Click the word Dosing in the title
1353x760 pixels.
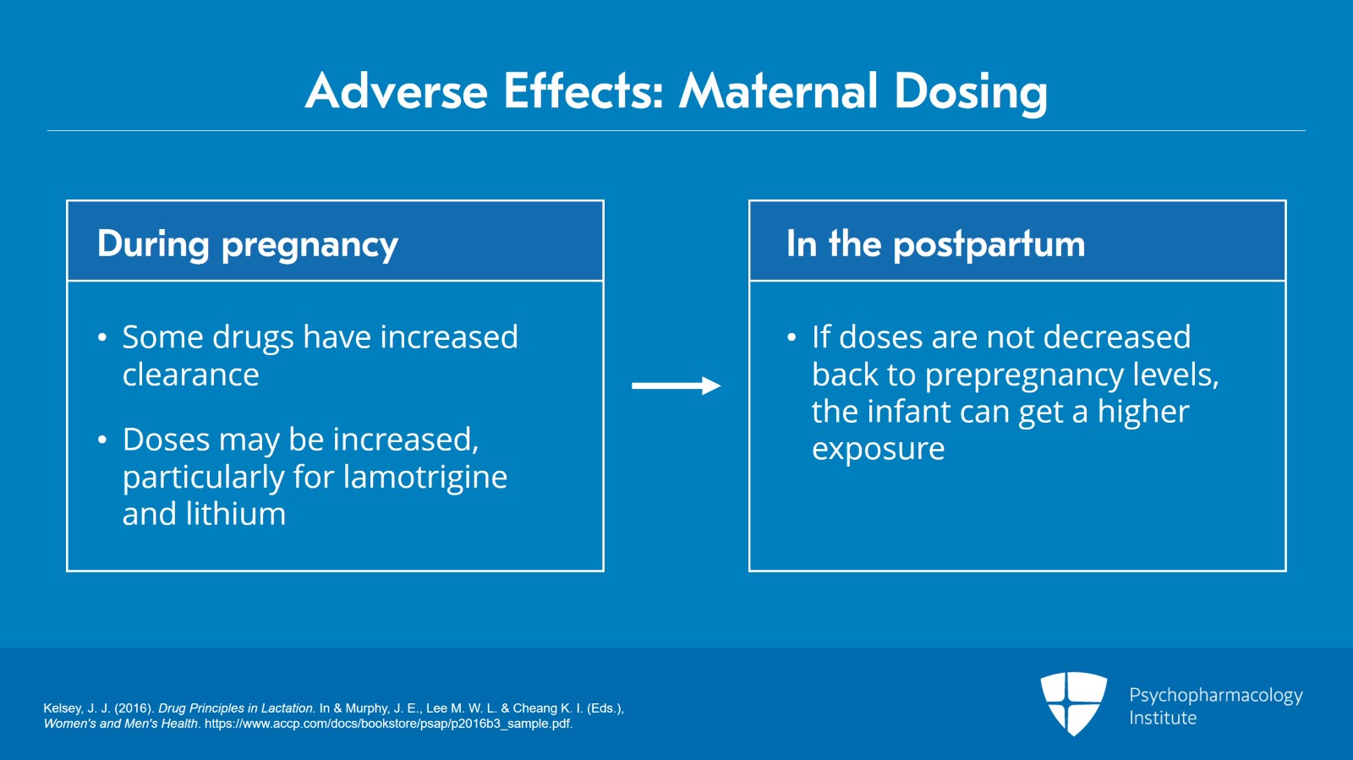(x=971, y=93)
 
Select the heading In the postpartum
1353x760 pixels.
(x=935, y=245)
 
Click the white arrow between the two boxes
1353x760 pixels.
(x=676, y=385)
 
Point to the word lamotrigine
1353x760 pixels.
(x=425, y=477)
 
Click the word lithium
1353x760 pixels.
(x=236, y=514)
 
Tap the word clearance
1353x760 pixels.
(x=191, y=375)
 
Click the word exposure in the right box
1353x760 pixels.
(x=879, y=450)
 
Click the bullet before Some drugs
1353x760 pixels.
(x=102, y=336)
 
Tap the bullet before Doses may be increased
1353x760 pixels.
(x=102, y=440)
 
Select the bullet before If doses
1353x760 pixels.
(x=792, y=336)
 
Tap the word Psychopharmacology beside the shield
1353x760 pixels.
(x=1216, y=696)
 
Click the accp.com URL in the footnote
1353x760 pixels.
(x=388, y=724)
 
